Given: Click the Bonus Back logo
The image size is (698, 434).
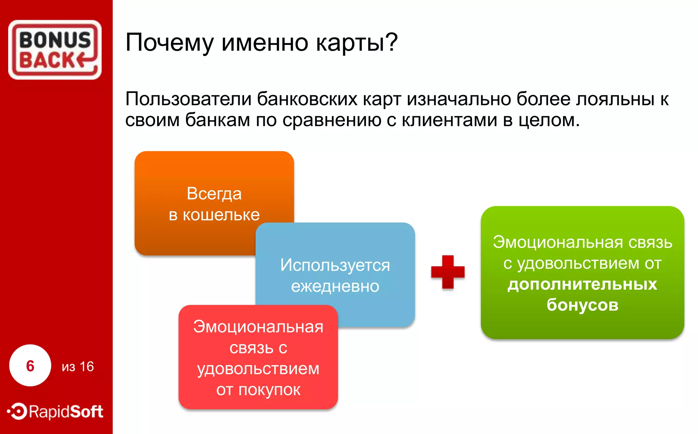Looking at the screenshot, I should pyautogui.click(x=55, y=50).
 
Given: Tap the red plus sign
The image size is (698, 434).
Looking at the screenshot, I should pyautogui.click(x=447, y=272).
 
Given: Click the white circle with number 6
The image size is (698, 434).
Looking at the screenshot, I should pyautogui.click(x=30, y=366).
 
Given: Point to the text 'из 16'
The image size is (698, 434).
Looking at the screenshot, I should pyautogui.click(x=78, y=367).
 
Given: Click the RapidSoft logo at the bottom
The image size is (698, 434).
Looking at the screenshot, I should pyautogui.click(x=56, y=412).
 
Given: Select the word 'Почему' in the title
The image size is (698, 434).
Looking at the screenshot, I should pyautogui.click(x=169, y=43).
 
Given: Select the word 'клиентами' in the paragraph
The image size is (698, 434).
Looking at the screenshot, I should pyautogui.click(x=450, y=120).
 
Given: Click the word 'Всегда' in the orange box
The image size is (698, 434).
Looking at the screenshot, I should pyautogui.click(x=214, y=194).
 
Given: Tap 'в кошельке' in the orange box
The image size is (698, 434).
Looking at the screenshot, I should pyautogui.click(x=214, y=215).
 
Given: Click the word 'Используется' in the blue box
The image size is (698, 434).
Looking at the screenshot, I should pyautogui.click(x=335, y=265).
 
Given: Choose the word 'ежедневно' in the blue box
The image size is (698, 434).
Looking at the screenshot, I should pyautogui.click(x=335, y=286).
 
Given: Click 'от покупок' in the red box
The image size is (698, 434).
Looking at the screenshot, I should pyautogui.click(x=258, y=390).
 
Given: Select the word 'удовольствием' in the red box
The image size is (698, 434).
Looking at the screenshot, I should pyautogui.click(x=258, y=369).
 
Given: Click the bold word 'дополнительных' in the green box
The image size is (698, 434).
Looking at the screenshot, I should pyautogui.click(x=582, y=284).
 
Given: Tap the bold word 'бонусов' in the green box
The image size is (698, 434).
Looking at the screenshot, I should pyautogui.click(x=582, y=305).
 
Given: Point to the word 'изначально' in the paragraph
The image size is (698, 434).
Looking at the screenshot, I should pyautogui.click(x=459, y=99).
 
